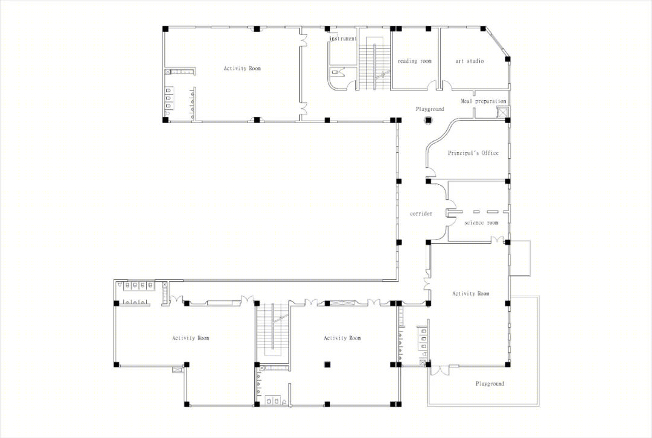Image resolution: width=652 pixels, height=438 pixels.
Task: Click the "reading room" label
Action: [x=415, y=61]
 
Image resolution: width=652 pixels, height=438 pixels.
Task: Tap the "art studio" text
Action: [x=470, y=61]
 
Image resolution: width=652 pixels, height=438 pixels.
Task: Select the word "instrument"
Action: [x=343, y=39]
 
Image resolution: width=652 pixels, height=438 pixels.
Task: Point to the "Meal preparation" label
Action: [x=483, y=101]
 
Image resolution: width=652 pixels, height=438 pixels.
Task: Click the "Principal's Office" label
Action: [x=473, y=153]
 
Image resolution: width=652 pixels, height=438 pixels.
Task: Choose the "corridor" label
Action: [x=421, y=214]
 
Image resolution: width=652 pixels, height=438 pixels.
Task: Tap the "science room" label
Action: [x=481, y=223]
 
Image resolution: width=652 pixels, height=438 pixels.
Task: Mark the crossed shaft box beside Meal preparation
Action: [x=503, y=112]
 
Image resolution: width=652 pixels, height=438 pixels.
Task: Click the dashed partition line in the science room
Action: [x=483, y=212]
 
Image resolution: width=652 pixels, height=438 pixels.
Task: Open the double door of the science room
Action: [x=497, y=240]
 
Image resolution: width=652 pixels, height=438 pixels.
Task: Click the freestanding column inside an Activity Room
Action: [x=327, y=364]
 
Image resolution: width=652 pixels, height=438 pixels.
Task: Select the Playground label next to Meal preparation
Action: [x=430, y=109]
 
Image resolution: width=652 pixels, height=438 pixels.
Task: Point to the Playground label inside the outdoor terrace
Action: [x=490, y=384]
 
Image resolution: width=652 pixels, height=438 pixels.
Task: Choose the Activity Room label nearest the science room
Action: [x=471, y=293]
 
